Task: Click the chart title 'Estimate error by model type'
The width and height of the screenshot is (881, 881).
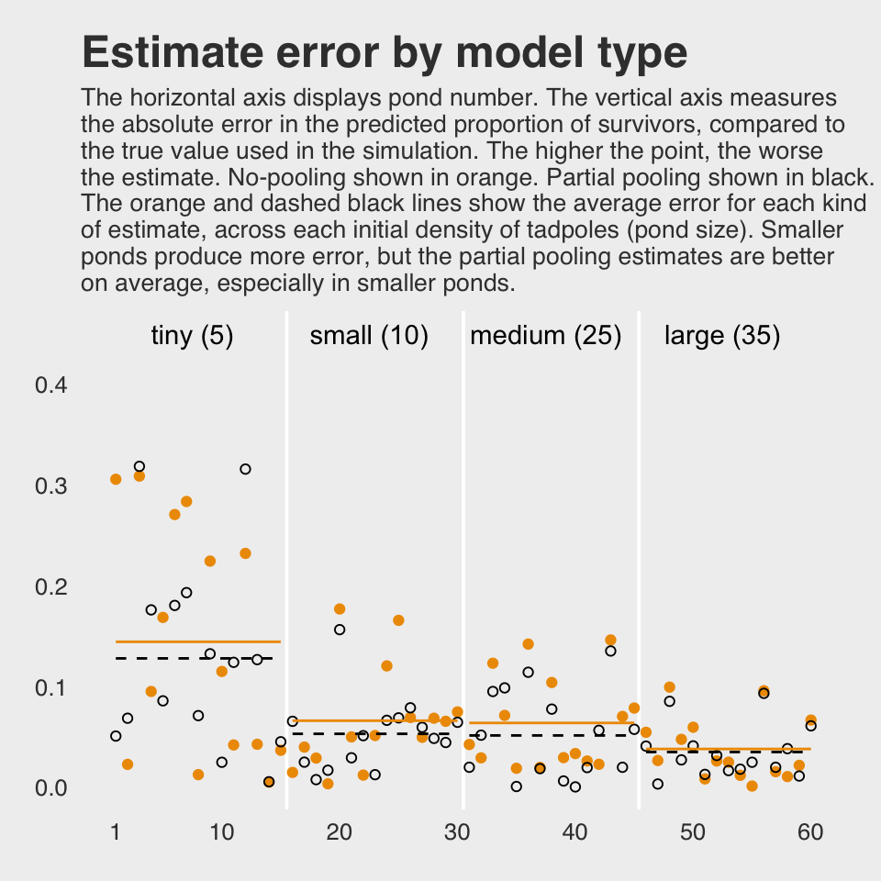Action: coord(385,53)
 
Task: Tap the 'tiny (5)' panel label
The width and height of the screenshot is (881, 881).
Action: coord(192,336)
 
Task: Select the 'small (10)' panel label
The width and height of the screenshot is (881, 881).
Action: coord(369,336)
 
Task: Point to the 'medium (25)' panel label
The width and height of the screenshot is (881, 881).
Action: coord(546,336)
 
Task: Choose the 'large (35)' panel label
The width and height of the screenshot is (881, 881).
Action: coord(722,336)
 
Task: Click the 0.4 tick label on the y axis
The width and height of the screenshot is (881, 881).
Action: coord(51,385)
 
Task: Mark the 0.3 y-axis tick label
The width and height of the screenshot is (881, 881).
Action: coord(51,485)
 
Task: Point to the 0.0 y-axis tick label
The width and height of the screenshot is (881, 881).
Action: coord(51,788)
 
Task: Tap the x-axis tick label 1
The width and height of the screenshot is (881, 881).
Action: coord(116,832)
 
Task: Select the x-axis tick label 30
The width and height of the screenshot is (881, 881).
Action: coord(457,832)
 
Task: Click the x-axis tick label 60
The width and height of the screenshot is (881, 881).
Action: coord(810,832)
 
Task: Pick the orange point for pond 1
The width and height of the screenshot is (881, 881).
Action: coord(116,479)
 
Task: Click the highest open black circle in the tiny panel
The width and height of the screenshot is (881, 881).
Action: coord(139,467)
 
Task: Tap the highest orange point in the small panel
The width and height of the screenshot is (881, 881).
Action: coord(340,609)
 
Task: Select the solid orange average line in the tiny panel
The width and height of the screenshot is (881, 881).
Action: coord(197,641)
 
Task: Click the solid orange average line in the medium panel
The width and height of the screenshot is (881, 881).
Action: coord(551,723)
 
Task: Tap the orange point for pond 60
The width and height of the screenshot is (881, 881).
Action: coord(810,720)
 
